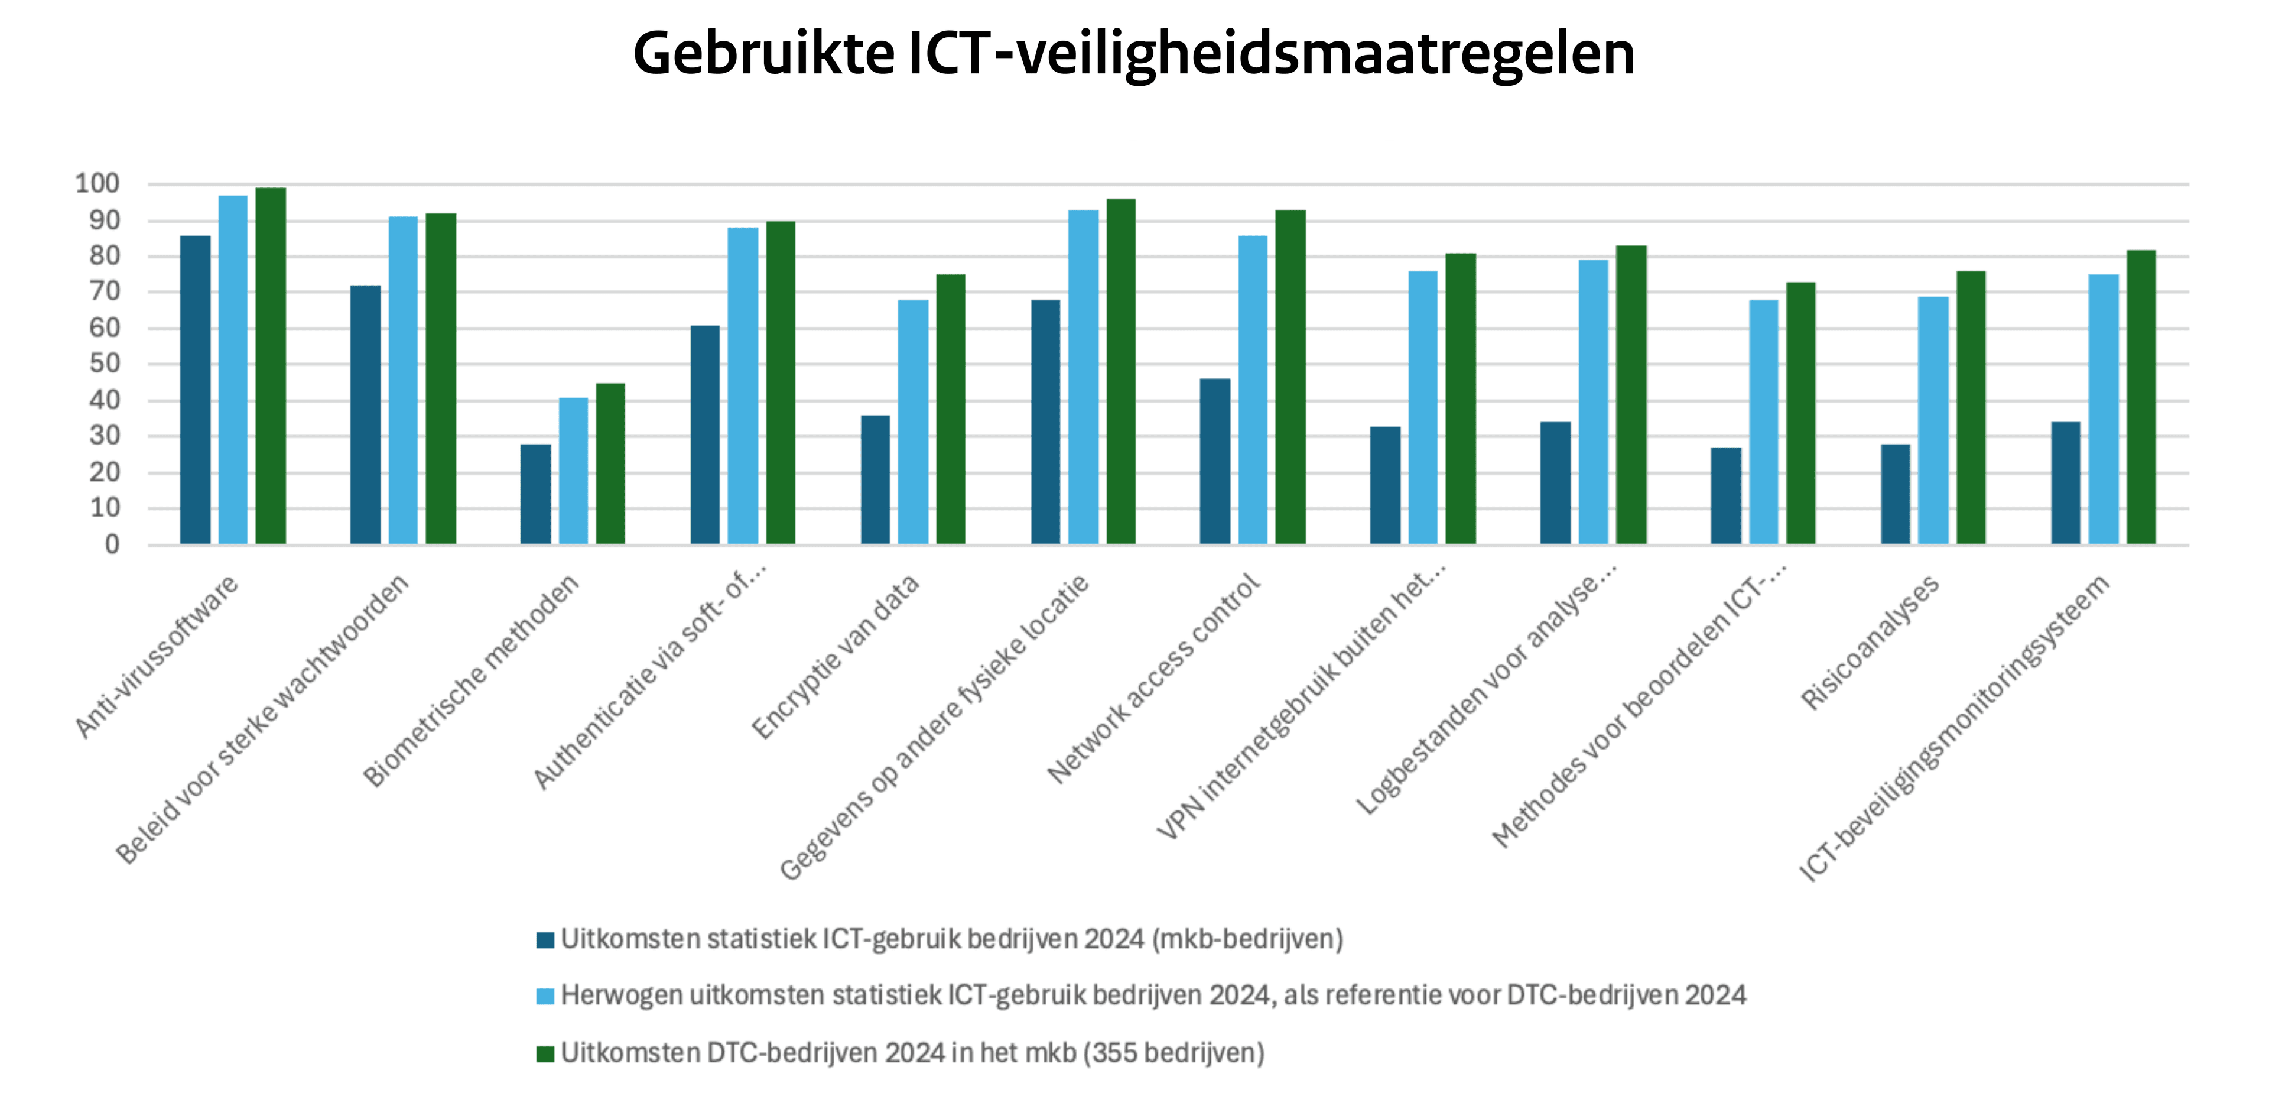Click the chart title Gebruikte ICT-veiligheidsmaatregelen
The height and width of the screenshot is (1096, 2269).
(1134, 54)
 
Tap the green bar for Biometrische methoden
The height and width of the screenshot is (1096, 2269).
(610, 463)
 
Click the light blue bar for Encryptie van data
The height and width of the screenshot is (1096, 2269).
(912, 422)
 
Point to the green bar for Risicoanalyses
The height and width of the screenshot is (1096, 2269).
(1971, 407)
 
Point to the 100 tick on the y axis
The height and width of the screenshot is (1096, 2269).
(97, 184)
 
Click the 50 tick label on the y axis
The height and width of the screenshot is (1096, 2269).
(104, 364)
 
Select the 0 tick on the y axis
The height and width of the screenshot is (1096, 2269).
(112, 544)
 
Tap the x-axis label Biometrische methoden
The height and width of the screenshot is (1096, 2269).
(472, 680)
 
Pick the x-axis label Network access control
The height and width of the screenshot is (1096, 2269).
(1154, 679)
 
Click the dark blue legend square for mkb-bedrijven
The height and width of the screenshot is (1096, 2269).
(545, 939)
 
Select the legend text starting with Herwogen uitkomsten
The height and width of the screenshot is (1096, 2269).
(1152, 996)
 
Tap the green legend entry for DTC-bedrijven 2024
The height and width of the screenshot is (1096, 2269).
(912, 1053)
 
